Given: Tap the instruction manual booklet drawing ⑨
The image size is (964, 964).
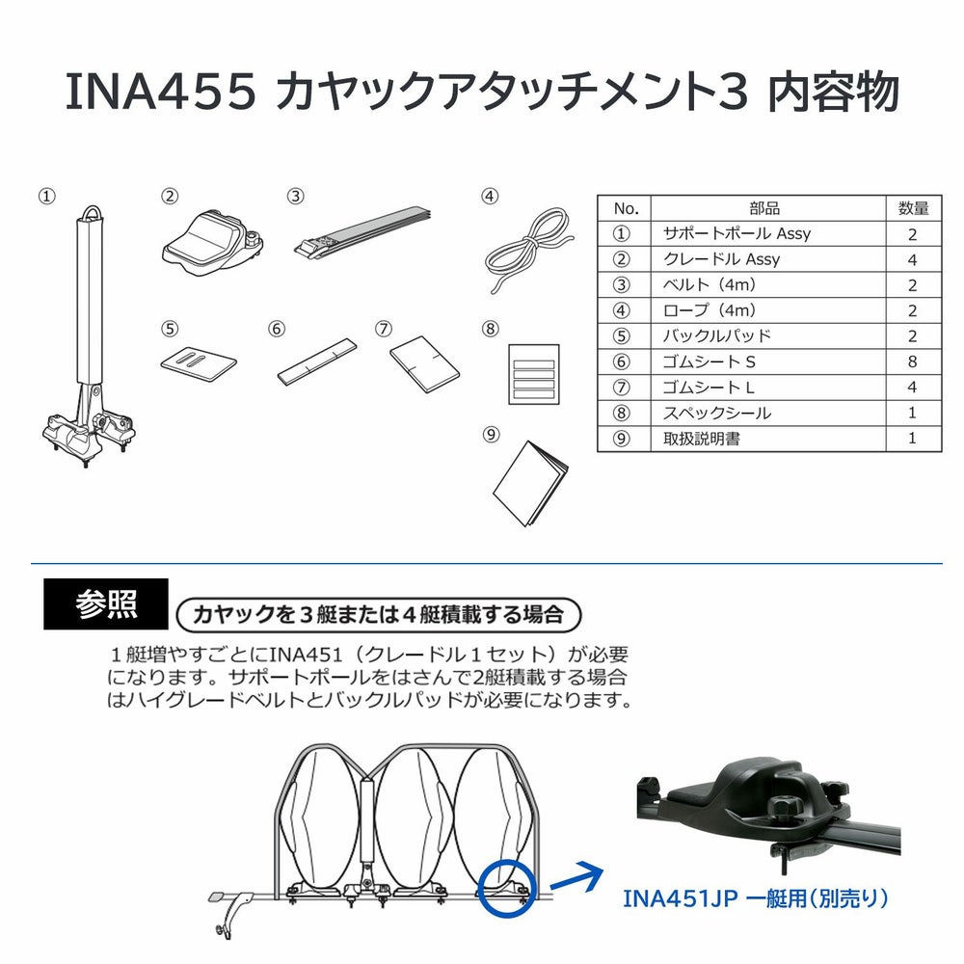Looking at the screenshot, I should pos(529,484).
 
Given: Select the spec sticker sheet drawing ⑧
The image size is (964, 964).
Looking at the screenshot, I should pos(533,373).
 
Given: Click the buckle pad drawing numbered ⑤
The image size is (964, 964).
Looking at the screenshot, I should pos(198,363).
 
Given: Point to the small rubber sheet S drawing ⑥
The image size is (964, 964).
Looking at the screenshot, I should pos(316,361).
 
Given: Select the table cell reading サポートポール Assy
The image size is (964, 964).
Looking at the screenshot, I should pos(736,233).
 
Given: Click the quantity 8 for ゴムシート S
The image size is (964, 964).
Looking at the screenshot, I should pos(912,361).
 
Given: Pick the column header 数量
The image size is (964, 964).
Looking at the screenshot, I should pos(912,207).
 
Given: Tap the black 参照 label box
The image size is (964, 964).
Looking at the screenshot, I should pos(106,603).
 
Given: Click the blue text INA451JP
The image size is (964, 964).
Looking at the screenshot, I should pos(684,898).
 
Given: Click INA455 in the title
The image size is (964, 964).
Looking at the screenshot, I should pos(159,94).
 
